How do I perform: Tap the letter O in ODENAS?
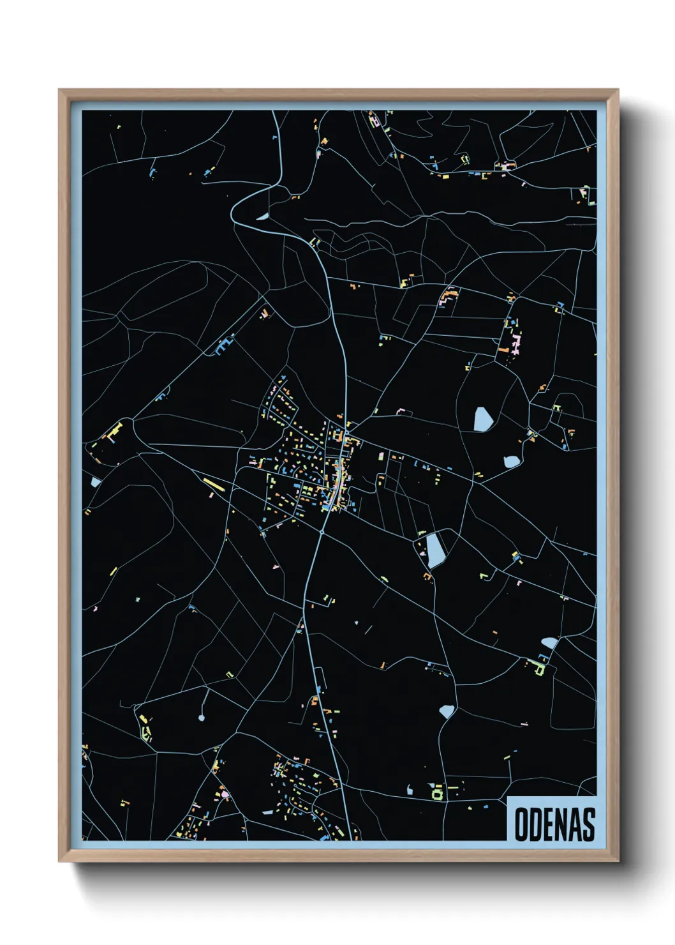click(521, 824)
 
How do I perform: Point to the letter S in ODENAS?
click(588, 824)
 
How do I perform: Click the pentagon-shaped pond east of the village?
click(482, 420)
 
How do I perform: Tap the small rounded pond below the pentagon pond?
click(512, 461)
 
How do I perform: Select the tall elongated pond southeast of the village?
click(435, 550)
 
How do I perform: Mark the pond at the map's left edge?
click(95, 482)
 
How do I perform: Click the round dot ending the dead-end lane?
click(202, 718)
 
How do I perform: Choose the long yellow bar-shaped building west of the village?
click(214, 485)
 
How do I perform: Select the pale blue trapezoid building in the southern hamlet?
click(268, 812)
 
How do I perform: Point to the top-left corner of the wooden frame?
click(59, 90)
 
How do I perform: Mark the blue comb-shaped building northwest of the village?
click(223, 345)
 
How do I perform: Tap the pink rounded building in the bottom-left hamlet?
click(224, 794)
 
